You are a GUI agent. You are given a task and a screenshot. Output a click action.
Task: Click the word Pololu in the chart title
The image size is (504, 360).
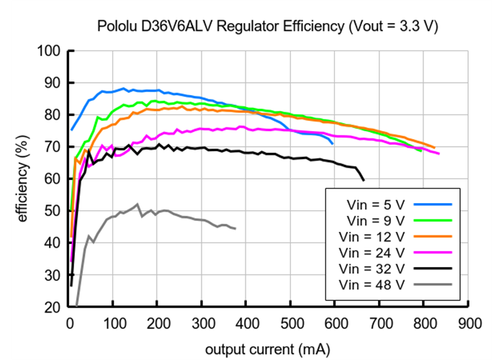tap(115, 27)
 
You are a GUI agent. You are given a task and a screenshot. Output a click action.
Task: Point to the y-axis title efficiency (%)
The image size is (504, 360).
tap(22, 179)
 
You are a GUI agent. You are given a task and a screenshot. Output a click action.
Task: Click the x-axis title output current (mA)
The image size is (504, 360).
tap(268, 349)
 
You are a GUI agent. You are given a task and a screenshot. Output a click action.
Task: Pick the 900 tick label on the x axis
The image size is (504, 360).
tap(469, 322)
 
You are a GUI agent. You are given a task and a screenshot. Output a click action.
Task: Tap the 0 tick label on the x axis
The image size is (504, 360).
tap(69, 322)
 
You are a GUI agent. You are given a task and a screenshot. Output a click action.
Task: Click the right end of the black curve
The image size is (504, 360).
tap(364, 180)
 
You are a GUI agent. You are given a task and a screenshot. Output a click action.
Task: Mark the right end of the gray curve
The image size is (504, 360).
tap(235, 228)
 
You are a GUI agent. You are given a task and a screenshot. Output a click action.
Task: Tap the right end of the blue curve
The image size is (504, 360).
tap(332, 144)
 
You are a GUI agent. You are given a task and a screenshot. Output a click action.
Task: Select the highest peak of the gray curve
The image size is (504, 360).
tap(138, 204)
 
